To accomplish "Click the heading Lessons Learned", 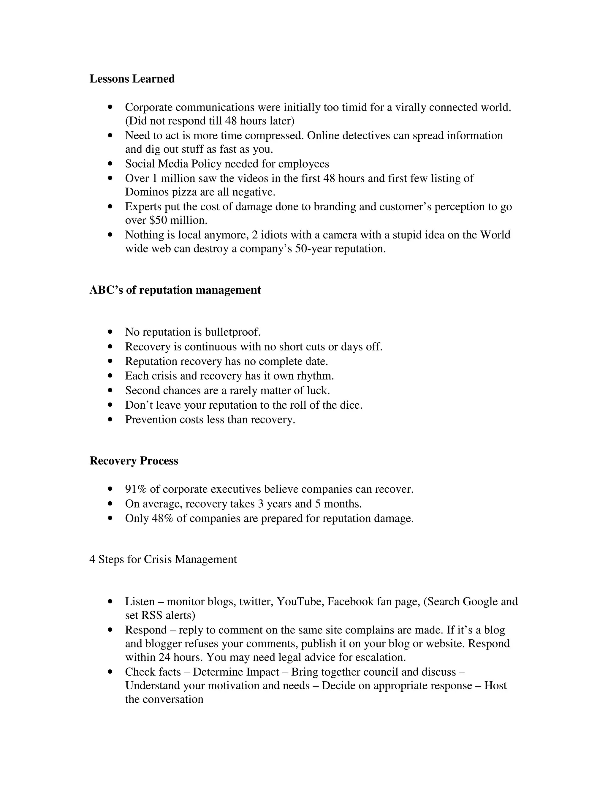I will click(132, 79).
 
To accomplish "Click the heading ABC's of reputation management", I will click(175, 290).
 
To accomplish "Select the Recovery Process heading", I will click(134, 461).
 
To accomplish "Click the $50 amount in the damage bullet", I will click(157, 220).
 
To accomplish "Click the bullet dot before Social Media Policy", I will click(110, 164).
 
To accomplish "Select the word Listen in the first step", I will click(140, 601).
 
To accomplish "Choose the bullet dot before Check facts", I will click(110, 672).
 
